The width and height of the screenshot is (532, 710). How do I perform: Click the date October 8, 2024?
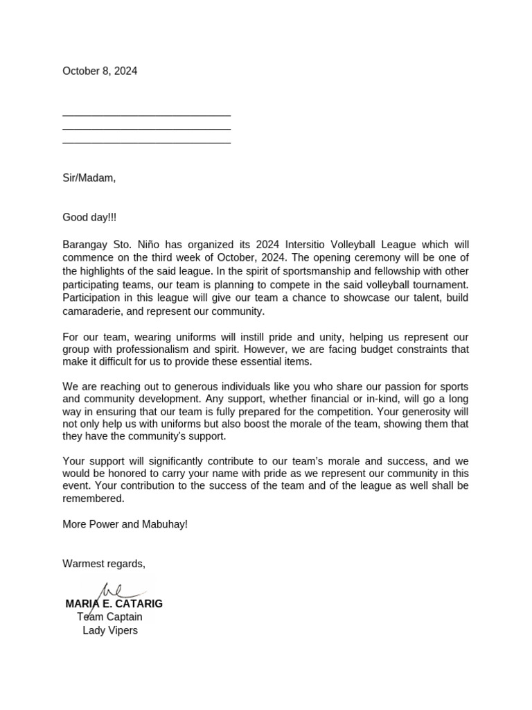coord(100,71)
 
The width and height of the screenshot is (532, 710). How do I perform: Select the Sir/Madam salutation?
coord(89,178)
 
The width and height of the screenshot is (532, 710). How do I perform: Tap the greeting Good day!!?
coord(89,218)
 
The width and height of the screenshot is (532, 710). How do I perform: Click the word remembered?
coord(94,499)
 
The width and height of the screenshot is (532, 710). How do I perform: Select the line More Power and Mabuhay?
coord(125,524)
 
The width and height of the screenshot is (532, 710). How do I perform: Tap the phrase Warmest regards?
coord(104,564)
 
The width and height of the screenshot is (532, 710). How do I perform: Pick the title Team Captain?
coord(109,617)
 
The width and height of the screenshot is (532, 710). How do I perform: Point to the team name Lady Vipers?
coord(110,630)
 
